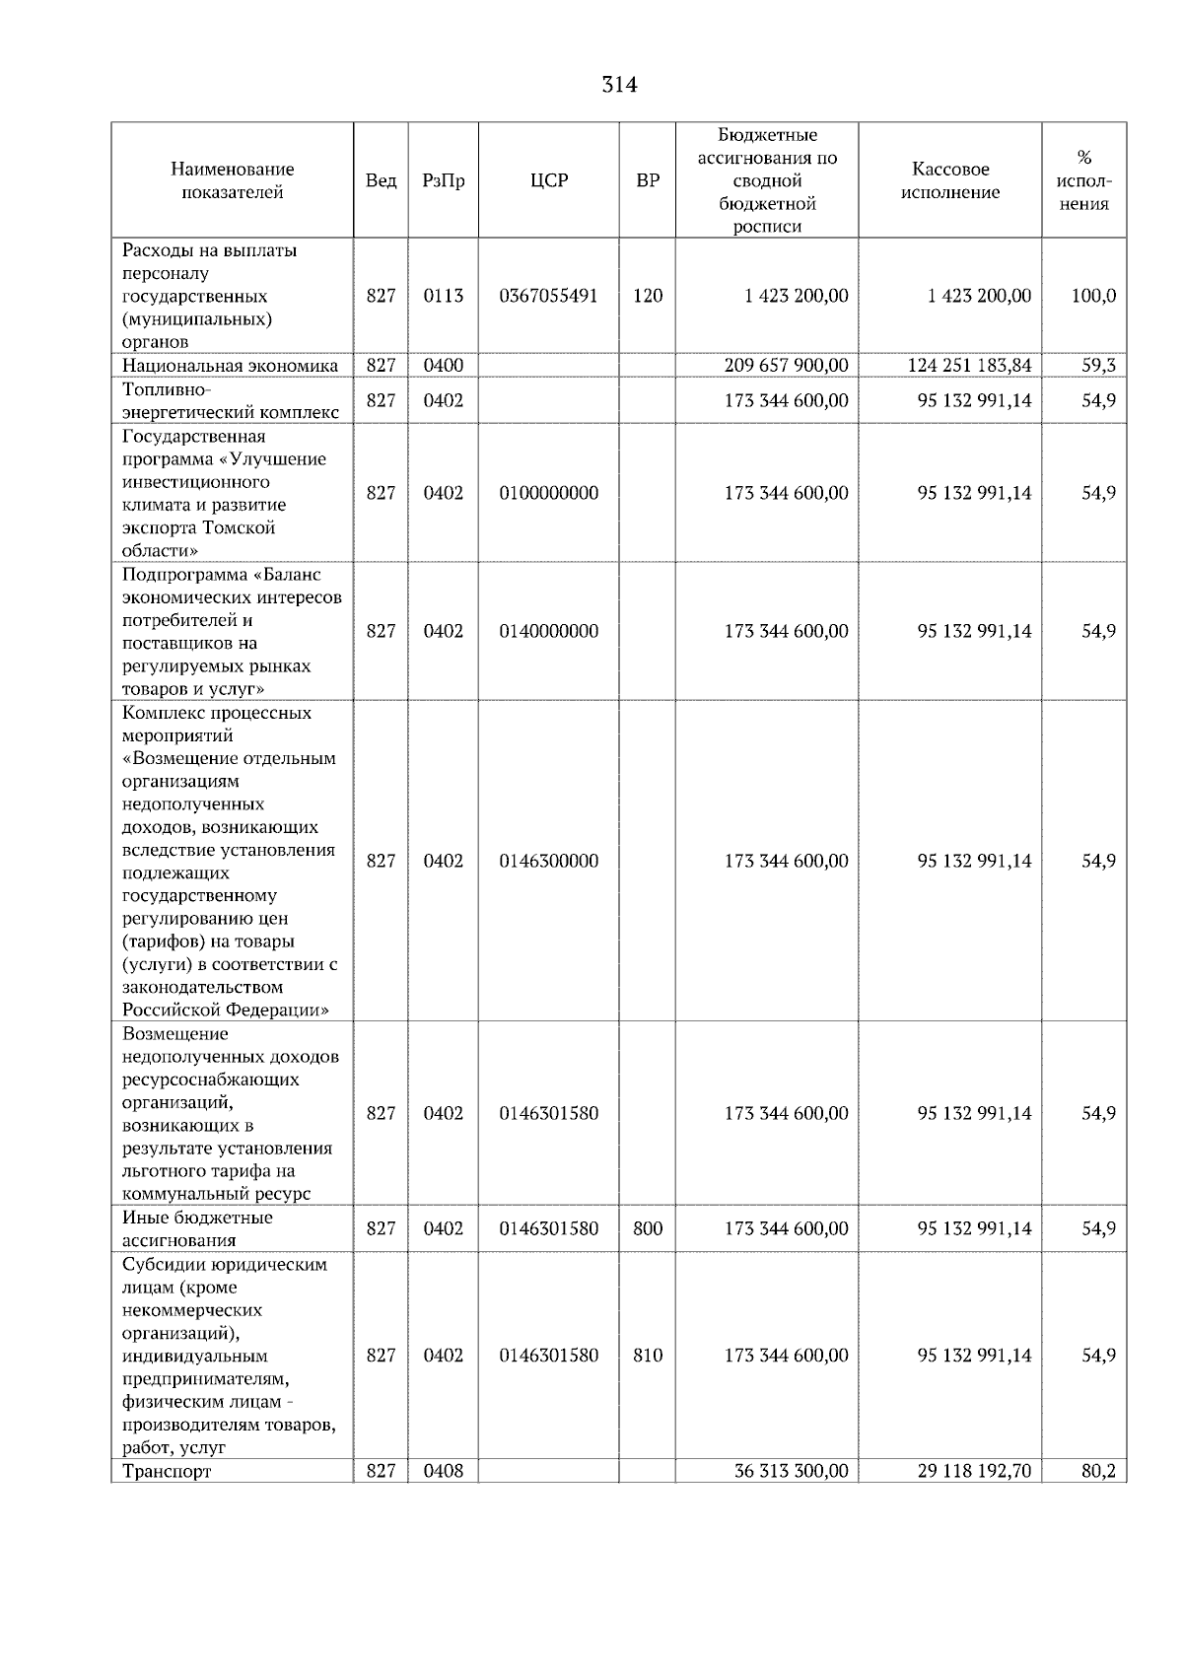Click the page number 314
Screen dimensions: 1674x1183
619,86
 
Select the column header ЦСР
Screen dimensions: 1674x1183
548,181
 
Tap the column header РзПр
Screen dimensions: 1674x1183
443,181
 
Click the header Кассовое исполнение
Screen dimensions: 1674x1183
949,181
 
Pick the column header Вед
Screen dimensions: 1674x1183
381,181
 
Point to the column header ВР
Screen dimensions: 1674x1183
648,181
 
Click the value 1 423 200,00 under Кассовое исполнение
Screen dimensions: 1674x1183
979,296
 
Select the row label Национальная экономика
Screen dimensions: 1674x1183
230,366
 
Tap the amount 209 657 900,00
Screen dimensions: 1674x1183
786,366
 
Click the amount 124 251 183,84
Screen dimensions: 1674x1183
969,366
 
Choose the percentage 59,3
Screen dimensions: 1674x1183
1098,366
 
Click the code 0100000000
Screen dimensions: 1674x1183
548,493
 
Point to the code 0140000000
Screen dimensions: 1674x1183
548,631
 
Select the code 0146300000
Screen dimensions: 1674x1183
548,861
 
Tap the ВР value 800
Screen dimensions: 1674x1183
648,1228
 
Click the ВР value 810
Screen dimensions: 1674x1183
648,1356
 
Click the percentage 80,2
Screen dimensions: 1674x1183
1098,1472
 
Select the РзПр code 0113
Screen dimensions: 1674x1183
443,296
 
